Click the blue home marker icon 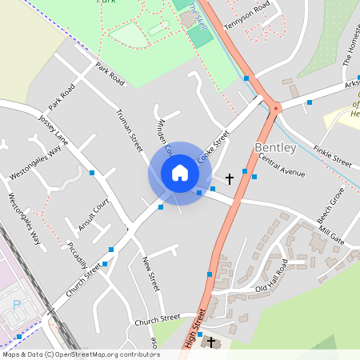tap(179, 173)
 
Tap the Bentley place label tap(275, 148)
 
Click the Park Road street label tap(110, 74)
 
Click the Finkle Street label tap(333, 155)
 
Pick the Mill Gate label tap(330, 238)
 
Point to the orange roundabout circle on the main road tap(276, 106)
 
